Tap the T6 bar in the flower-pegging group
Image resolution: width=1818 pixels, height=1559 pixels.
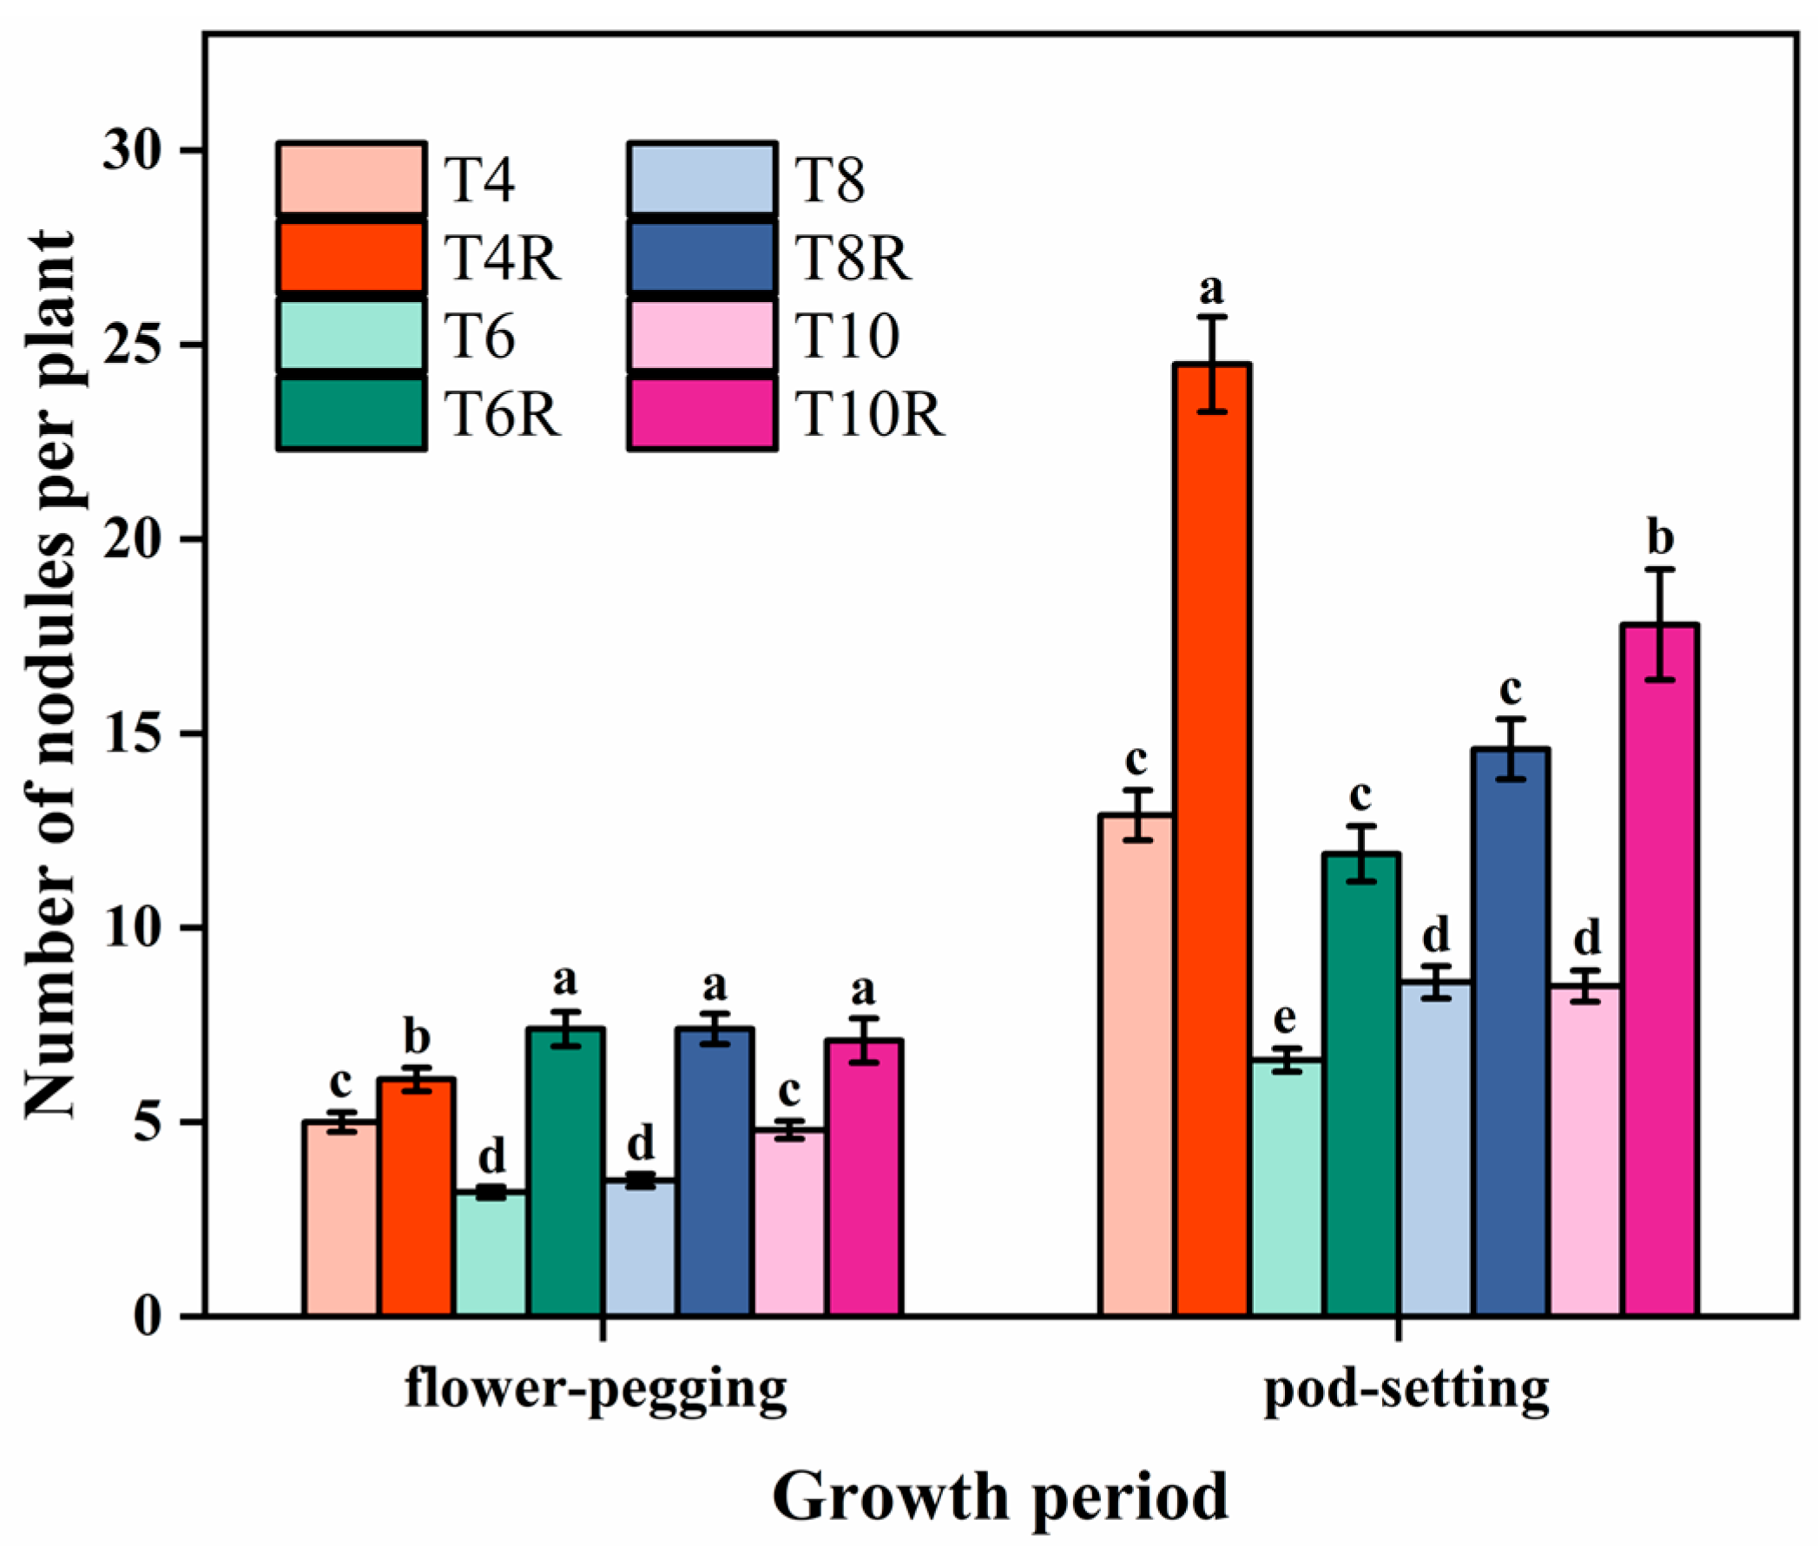[491, 1253]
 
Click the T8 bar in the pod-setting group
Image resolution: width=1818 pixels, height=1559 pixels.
[1436, 1148]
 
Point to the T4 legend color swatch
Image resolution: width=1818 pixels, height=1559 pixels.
[352, 179]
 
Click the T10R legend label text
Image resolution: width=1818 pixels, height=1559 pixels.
[870, 414]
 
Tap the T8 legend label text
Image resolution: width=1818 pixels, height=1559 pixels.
[830, 181]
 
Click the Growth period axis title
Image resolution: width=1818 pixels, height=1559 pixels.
[1000, 1497]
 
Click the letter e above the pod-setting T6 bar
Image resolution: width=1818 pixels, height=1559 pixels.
[1285, 1017]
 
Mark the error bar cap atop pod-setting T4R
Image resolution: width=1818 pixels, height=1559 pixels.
[1213, 317]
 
